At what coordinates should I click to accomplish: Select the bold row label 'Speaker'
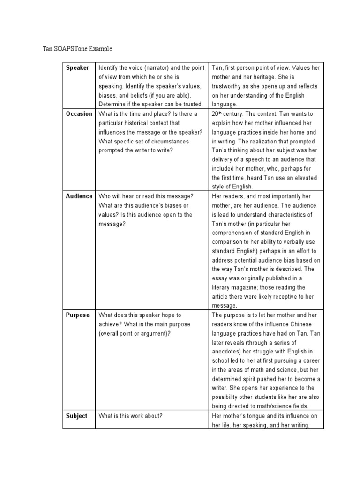pyautogui.click(x=77, y=68)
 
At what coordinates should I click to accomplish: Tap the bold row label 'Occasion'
pyautogui.click(x=79, y=114)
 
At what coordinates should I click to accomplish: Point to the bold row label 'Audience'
pyautogui.click(x=79, y=196)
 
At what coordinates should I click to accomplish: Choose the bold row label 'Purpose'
pyautogui.click(x=77, y=315)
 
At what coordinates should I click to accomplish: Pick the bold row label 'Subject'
pyautogui.click(x=76, y=416)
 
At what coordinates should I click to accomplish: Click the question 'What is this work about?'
pyautogui.click(x=130, y=416)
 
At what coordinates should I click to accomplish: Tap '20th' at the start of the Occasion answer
pyautogui.click(x=217, y=114)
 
